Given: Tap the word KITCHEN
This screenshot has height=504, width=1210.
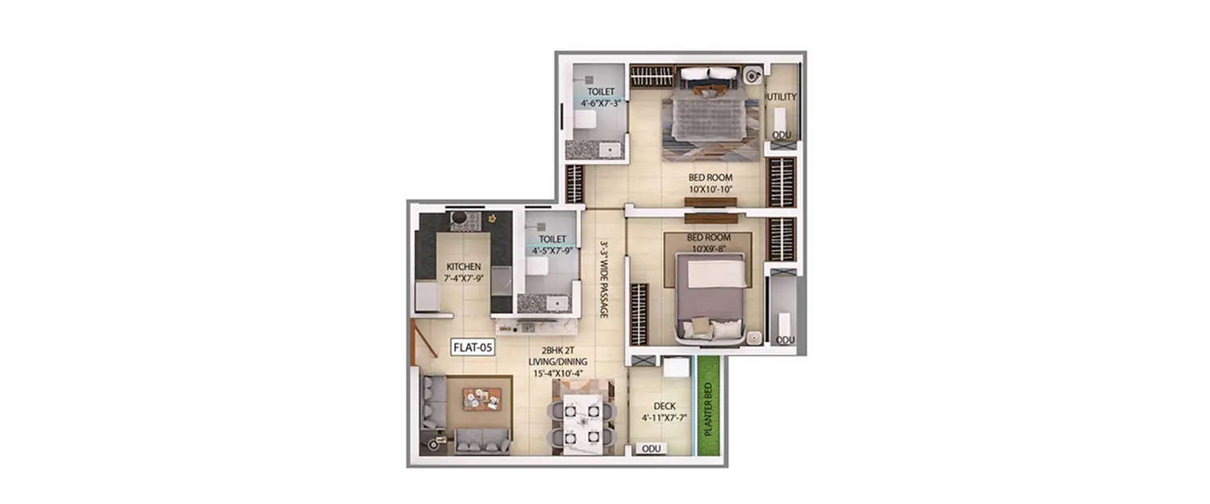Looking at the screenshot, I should [464, 266].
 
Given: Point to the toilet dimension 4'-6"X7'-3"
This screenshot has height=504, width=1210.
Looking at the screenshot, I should [600, 103].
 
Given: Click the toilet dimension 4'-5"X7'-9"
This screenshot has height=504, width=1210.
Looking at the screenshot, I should [552, 251].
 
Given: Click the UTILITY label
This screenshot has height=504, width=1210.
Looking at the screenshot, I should [782, 97].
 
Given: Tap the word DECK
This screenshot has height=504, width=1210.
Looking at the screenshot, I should [664, 406].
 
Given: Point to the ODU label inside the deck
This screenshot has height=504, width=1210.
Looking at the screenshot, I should [651, 448].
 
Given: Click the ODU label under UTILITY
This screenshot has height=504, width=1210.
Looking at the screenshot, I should [782, 135].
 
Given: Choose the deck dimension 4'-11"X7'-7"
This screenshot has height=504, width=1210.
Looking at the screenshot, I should [664, 418].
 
